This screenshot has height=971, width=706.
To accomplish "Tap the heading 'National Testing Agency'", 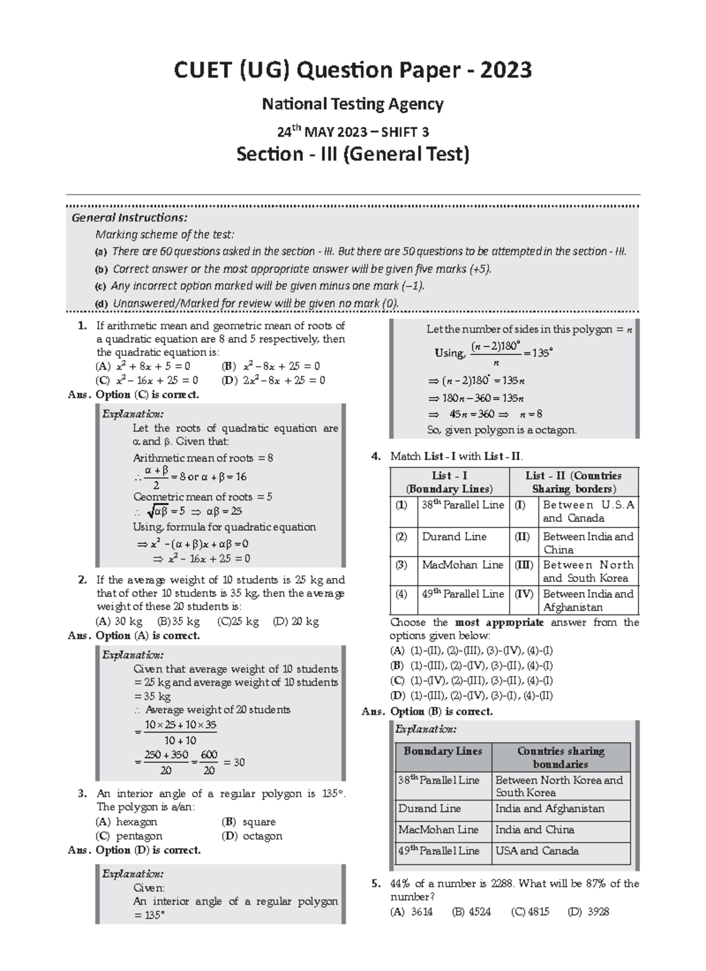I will click(x=352, y=105).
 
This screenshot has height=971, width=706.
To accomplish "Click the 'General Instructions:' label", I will click(x=129, y=218).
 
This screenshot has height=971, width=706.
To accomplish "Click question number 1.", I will click(x=82, y=326).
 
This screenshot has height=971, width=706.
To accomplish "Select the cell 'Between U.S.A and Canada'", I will click(x=588, y=511).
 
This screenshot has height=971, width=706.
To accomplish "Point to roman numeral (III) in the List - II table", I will click(x=524, y=565).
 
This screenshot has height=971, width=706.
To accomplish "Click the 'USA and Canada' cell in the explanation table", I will click(x=537, y=851).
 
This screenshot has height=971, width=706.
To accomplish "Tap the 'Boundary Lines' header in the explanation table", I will click(x=442, y=751).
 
